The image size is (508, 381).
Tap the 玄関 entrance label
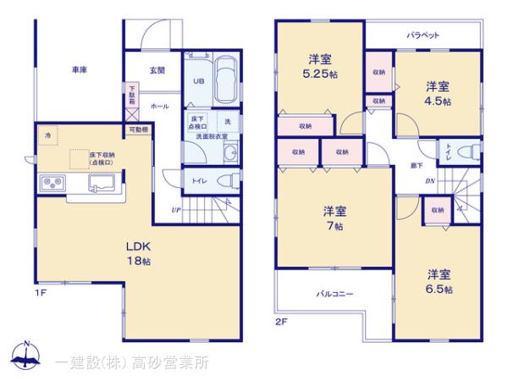click(157, 70)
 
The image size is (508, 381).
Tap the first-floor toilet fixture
click(224, 179)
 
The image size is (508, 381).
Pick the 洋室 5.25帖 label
click(319, 65)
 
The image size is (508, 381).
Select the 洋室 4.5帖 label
click(438, 93)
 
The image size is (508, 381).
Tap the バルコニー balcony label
click(335, 294)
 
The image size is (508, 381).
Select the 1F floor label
click(40, 293)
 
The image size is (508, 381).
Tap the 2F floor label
click(281, 321)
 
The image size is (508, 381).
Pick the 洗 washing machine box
click(228, 121)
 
